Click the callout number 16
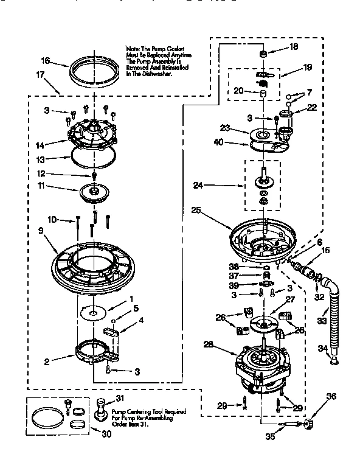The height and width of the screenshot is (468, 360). pyautogui.click(x=45, y=60)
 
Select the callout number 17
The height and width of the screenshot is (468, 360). pyautogui.click(x=41, y=75)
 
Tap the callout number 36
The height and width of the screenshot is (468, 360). pyautogui.click(x=331, y=396)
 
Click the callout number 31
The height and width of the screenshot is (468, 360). pyautogui.click(x=119, y=399)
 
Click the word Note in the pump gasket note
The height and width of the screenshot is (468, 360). pyautogui.click(x=133, y=47)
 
